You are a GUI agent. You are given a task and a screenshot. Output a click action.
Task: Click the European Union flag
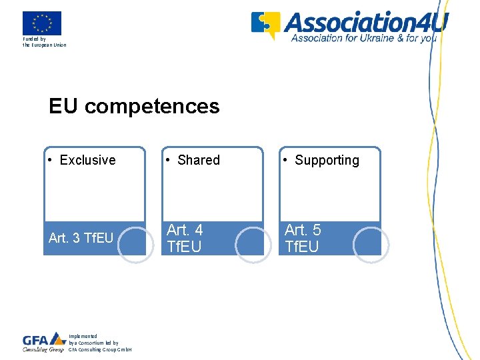tap(41, 23)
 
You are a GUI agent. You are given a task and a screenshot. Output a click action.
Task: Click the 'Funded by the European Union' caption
tap(44, 43)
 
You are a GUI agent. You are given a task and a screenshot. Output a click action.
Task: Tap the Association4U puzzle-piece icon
tap(265, 25)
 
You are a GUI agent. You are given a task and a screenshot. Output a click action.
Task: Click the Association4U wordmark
tap(366, 21)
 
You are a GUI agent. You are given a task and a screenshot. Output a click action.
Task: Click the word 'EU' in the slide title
tap(64, 106)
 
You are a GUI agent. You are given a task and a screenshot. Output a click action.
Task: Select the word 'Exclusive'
tap(87, 160)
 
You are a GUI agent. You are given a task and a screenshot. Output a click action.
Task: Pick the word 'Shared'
tap(199, 160)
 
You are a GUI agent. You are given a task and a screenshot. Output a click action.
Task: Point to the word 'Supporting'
tap(327, 160)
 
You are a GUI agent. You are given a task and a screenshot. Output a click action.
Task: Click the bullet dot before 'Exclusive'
tap(51, 161)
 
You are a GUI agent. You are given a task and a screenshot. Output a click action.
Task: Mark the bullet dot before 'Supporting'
tap(286, 161)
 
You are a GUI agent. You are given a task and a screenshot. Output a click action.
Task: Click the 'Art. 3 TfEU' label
tap(81, 238)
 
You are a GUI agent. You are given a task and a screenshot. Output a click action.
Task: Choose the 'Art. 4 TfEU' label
tap(185, 238)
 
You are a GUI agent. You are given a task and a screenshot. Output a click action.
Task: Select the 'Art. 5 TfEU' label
tap(303, 238)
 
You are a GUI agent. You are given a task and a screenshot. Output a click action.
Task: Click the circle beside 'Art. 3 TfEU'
tap(136, 245)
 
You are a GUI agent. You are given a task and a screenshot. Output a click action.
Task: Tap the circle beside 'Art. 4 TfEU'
tap(253, 245)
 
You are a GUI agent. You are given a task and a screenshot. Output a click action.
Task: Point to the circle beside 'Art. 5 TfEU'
tap(371, 245)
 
